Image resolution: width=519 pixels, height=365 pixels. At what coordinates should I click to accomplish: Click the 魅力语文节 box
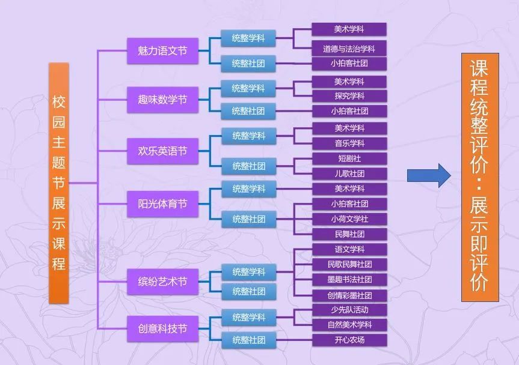coord(158,51)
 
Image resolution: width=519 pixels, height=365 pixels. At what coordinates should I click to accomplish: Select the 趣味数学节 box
coord(158,100)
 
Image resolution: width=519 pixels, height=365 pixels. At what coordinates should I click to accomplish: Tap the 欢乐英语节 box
coord(158,151)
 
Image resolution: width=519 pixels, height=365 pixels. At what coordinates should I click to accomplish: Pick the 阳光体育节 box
coord(158,204)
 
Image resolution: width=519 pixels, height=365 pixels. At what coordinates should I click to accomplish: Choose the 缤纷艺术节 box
coord(158,282)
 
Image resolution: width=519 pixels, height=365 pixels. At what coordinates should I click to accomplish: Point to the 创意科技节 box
coord(158,328)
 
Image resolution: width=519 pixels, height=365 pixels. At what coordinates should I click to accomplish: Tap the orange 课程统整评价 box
coord(479,177)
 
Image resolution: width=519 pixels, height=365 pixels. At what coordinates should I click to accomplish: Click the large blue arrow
coord(428,175)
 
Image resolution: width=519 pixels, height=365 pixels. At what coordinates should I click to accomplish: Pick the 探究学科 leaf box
coord(349,96)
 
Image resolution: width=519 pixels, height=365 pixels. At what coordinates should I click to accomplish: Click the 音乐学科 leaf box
coord(349,143)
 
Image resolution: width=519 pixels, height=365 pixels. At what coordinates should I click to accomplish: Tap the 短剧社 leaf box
coord(349,158)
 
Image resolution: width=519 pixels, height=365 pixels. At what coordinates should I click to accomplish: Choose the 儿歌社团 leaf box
coord(349,173)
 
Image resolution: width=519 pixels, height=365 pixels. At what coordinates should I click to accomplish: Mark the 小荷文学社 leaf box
coord(349,219)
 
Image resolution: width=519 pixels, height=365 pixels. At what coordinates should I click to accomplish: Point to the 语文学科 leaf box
coord(349,249)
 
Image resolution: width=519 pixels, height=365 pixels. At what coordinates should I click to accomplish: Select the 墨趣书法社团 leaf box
coord(349,280)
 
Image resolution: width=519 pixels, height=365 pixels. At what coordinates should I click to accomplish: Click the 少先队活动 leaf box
coord(349,310)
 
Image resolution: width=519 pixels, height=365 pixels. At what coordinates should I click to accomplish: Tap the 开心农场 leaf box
coord(349,340)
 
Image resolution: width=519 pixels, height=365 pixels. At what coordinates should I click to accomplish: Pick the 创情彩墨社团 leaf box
coord(349,295)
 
